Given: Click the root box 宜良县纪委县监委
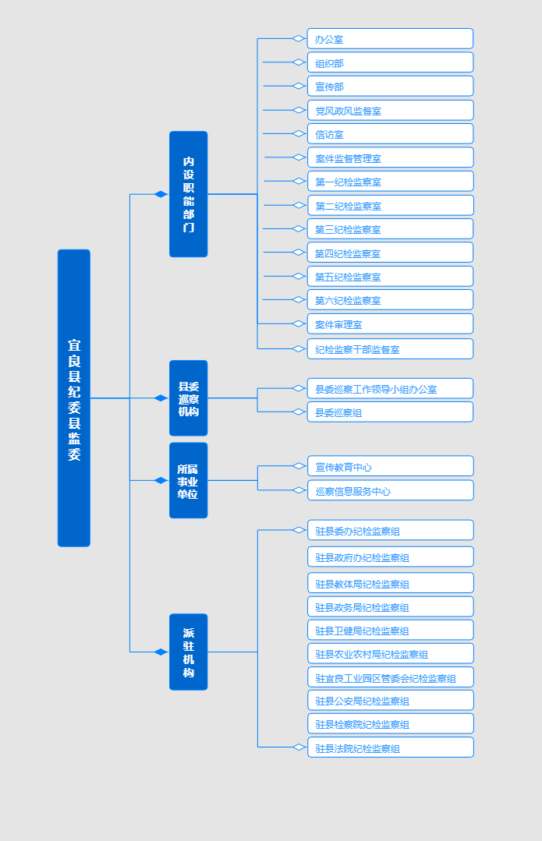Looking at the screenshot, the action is click(x=74, y=398).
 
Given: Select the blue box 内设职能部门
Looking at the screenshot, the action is click(x=189, y=194).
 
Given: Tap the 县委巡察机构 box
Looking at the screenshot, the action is click(x=189, y=398).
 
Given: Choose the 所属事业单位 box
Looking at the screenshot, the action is click(x=189, y=481).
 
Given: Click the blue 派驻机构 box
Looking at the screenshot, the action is click(x=189, y=652).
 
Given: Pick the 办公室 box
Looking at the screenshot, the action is click(x=390, y=39).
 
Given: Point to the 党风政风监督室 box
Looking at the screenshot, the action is click(x=390, y=111).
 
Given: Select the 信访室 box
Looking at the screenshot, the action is click(x=390, y=134).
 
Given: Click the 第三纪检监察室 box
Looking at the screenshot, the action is click(x=390, y=229).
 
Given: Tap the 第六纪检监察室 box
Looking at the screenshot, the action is click(x=390, y=300).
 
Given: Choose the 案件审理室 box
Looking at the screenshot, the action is click(x=390, y=324).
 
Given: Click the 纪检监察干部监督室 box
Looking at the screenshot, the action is click(x=390, y=348).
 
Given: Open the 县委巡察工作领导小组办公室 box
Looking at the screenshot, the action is click(x=390, y=388).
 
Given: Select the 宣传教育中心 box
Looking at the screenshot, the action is click(x=391, y=466).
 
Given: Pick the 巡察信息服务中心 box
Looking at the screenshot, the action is click(x=391, y=490).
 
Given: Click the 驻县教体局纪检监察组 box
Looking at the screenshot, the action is click(x=391, y=583).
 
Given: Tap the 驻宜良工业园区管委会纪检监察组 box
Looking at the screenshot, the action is click(x=391, y=677).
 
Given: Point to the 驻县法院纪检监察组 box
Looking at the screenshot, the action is click(x=391, y=747).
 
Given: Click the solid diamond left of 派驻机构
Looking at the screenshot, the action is click(x=161, y=652).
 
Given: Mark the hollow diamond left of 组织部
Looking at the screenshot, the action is click(x=299, y=62).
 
